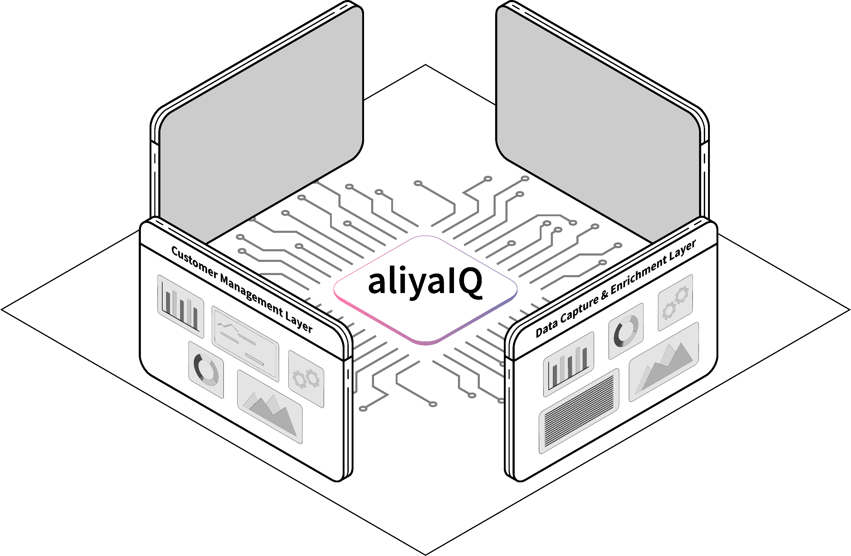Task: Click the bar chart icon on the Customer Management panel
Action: [x=181, y=307]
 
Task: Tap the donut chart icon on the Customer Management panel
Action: [x=206, y=370]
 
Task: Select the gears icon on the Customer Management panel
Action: [x=306, y=379]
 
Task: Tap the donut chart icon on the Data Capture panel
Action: [x=626, y=331]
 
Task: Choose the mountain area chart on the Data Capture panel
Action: [x=664, y=362]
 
